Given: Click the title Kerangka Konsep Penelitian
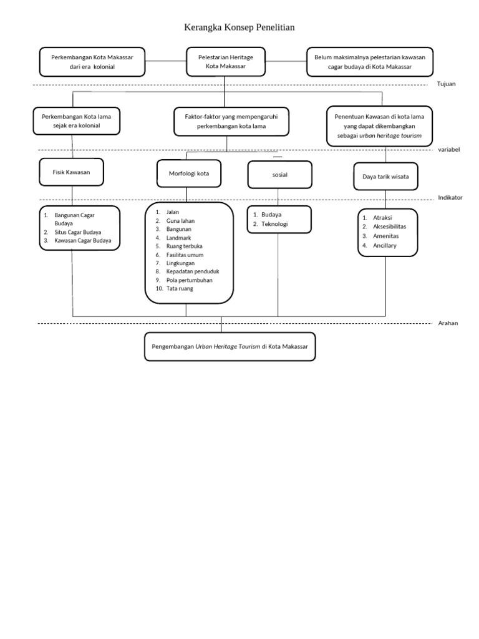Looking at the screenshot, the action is click(x=239, y=27).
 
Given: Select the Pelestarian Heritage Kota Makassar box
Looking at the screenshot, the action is click(x=226, y=62).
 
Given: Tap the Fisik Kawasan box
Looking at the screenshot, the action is click(x=71, y=172).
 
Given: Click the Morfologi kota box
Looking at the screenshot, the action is click(x=189, y=173).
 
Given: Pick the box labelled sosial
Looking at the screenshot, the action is click(x=280, y=175).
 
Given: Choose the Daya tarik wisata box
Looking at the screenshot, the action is click(x=385, y=177).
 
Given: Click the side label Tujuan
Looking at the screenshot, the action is click(x=447, y=84).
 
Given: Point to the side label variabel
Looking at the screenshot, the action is click(x=449, y=150).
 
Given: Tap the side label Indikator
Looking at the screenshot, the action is click(x=450, y=198).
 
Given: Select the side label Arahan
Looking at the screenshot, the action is click(x=448, y=323).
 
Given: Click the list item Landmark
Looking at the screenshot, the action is click(x=178, y=238).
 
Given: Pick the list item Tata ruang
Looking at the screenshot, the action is click(x=180, y=288).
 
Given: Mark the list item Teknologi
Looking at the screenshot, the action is click(x=274, y=224).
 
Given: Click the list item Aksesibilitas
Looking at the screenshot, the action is click(x=389, y=227).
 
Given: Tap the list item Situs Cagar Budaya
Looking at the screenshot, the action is click(x=78, y=232).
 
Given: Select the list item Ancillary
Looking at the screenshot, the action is click(x=384, y=245).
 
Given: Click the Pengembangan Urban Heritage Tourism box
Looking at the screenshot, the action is click(x=230, y=347).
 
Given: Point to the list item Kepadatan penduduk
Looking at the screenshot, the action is click(x=193, y=271).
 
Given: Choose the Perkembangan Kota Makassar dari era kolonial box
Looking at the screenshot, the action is click(x=92, y=62).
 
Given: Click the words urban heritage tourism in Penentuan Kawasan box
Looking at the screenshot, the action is click(x=390, y=135).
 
